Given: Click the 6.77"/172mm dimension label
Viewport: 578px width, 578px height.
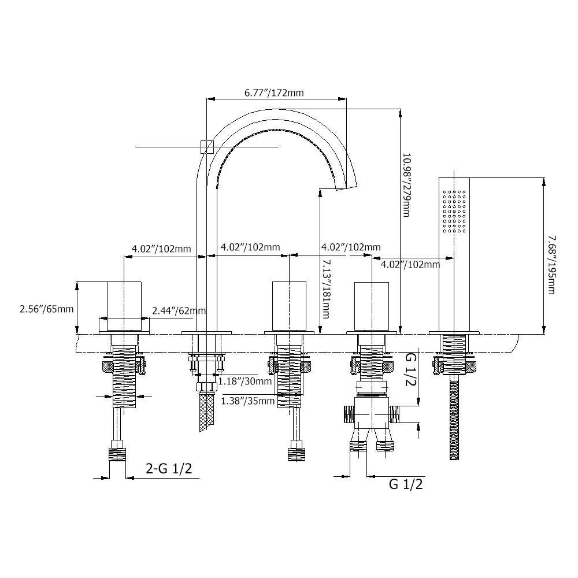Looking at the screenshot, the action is coord(274,92).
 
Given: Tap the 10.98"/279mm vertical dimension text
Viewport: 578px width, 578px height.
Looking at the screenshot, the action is coord(406,185).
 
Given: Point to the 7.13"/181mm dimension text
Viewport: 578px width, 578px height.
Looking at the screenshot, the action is coord(326,289).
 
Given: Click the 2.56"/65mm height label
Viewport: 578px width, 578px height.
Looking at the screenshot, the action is coord(46,309).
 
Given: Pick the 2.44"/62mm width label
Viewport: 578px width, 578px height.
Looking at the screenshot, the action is coord(179,311).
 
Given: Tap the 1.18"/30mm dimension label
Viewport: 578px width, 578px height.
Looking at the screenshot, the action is coord(244,381).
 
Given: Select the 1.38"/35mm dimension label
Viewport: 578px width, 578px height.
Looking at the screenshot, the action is coord(248,401).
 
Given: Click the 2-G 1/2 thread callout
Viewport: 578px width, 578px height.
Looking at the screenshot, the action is coord(169,469).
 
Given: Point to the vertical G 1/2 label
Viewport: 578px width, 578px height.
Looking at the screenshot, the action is coord(410,369).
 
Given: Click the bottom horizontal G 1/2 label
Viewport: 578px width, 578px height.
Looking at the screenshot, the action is coord(406,484).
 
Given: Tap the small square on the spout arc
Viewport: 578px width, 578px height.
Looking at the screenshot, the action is coord(207,147).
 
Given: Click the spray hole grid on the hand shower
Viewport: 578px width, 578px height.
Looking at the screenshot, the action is coord(454,211).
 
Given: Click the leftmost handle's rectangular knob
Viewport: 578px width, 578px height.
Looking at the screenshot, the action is coord(124,306).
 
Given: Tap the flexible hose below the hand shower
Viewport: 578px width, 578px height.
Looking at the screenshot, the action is coord(454,418).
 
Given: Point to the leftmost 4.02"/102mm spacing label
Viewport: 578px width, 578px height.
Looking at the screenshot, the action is coord(161,249).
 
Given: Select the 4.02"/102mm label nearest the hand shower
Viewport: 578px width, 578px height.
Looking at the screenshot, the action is coord(410,264).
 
